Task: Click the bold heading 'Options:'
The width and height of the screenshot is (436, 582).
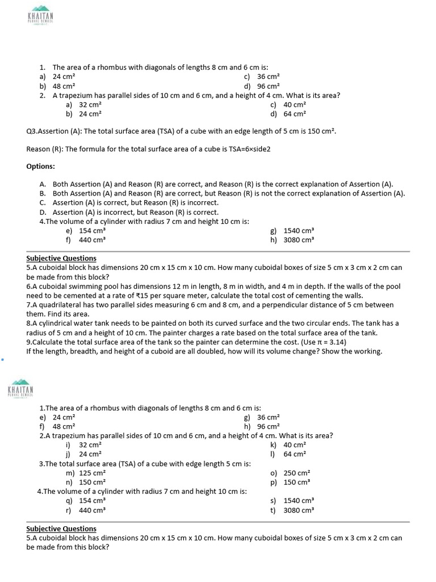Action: pyautogui.click(x=41, y=166)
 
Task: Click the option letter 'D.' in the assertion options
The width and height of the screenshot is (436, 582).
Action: pyautogui.click(x=43, y=212)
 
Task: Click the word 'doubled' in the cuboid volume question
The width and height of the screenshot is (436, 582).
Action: pyautogui.click(x=208, y=351)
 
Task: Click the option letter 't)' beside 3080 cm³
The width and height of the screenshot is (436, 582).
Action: pyautogui.click(x=274, y=510)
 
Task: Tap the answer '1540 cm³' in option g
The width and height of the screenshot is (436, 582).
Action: pyautogui.click(x=299, y=231)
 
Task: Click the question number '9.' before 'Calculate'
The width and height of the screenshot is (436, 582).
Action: pyautogui.click(x=29, y=342)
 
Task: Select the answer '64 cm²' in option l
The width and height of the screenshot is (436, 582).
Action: pyautogui.click(x=295, y=454)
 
